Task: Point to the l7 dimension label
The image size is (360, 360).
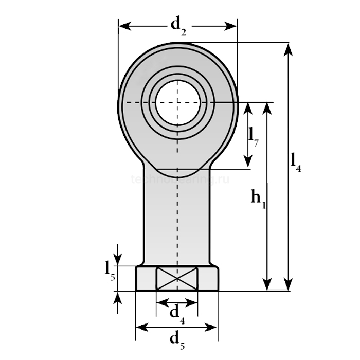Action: coord(253,135)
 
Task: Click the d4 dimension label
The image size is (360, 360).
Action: coord(176,314)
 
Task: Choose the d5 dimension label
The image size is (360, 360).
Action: coord(176,339)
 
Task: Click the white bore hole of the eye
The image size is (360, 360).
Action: coord(177,101)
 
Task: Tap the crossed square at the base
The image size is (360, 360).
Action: coord(176,279)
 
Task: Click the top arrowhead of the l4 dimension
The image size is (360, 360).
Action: coord(288,49)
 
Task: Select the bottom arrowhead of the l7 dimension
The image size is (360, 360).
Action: coord(248,162)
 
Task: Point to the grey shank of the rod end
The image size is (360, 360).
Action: coord(176,216)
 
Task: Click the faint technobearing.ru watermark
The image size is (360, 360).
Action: coord(179,179)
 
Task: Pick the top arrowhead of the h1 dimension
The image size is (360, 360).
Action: coord(267,108)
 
